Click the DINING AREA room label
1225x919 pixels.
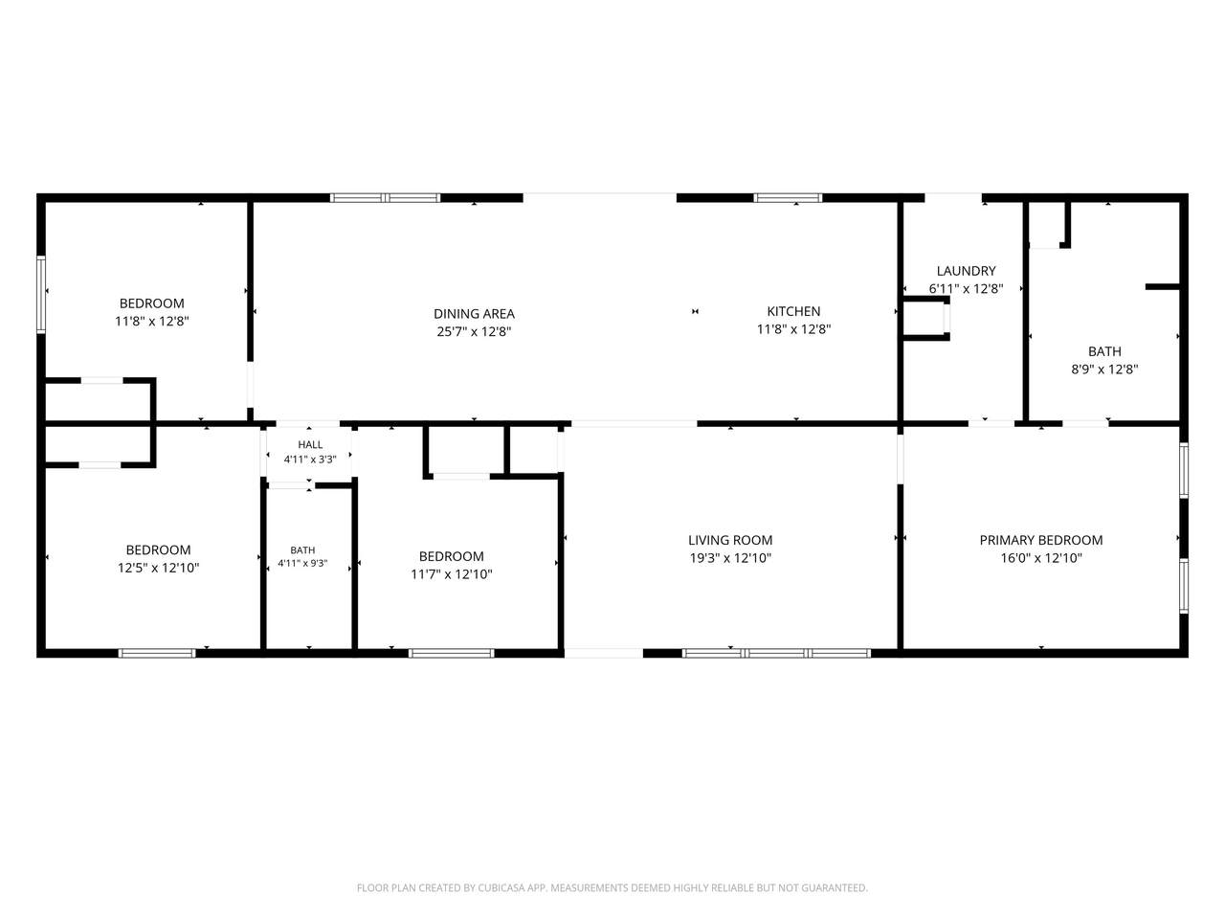click(474, 314)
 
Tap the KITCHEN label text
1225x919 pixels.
click(793, 311)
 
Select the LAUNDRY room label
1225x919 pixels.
click(966, 271)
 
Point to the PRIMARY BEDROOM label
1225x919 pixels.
click(1041, 540)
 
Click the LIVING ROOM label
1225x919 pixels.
click(730, 540)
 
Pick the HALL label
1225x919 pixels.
click(310, 445)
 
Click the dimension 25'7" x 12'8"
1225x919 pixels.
click(474, 331)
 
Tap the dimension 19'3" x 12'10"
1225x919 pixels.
click(730, 558)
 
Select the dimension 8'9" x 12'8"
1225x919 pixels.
click(1104, 370)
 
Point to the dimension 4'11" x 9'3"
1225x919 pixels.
click(302, 564)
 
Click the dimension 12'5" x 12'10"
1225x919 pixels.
click(158, 568)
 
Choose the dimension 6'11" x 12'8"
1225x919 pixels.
click(966, 289)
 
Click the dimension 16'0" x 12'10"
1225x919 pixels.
click(1041, 558)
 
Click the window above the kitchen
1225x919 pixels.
click(788, 197)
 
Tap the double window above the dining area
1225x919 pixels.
click(385, 197)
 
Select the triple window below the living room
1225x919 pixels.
click(776, 654)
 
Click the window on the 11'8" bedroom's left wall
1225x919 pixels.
click(41, 295)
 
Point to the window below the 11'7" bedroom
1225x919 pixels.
click(451, 654)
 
